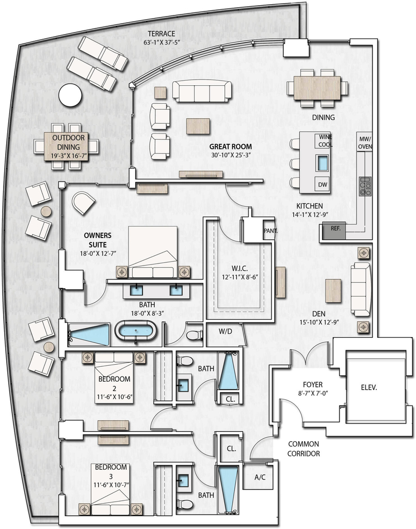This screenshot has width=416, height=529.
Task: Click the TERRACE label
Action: pyautogui.click(x=162, y=34)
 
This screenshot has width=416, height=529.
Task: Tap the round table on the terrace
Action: pyautogui.click(x=70, y=95)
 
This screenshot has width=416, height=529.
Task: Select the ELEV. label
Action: pyautogui.click(x=369, y=387)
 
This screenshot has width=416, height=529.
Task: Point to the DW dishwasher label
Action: pyautogui.click(x=323, y=184)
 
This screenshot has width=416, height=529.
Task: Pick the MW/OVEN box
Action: pyautogui.click(x=365, y=143)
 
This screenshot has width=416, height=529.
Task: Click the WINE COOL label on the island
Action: pyautogui.click(x=325, y=141)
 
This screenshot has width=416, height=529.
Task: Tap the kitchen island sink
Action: pyautogui.click(x=323, y=163)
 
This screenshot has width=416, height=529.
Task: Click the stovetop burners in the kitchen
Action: pyautogui.click(x=365, y=186)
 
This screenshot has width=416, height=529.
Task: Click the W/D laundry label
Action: pyautogui.click(x=225, y=331)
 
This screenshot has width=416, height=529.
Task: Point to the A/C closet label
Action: pyautogui.click(x=260, y=477)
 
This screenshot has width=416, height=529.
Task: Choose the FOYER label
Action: pyautogui.click(x=312, y=384)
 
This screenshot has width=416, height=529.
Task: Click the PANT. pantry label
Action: pyautogui.click(x=270, y=231)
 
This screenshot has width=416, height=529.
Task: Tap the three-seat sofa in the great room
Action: pyautogui.click(x=202, y=91)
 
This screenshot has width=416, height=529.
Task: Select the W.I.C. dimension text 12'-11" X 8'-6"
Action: pyautogui.click(x=239, y=277)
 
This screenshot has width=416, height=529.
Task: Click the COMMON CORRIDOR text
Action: pyautogui.click(x=303, y=449)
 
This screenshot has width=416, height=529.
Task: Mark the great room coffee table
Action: pyautogui.click(x=199, y=126)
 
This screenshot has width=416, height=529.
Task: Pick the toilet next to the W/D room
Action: pyautogui.click(x=195, y=335)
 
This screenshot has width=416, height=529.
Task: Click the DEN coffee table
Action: pyautogui.click(x=333, y=291)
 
